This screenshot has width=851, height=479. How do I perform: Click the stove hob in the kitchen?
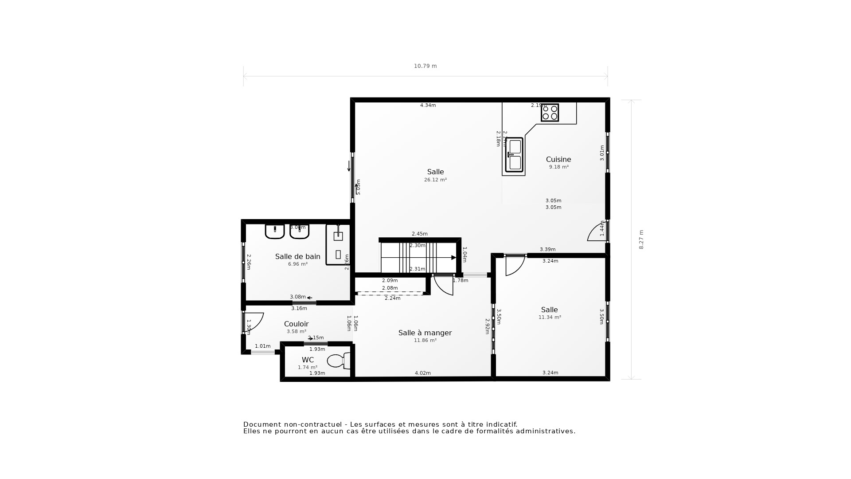click(x=550, y=113)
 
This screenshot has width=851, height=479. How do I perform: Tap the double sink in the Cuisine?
click(x=515, y=155)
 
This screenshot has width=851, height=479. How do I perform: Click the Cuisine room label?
click(x=558, y=159)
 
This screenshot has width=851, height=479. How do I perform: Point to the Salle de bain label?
click(x=297, y=256)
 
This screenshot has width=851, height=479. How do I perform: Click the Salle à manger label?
click(x=425, y=333)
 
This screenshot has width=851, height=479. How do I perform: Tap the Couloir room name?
click(x=296, y=324)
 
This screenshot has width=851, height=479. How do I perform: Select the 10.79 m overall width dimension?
click(x=425, y=66)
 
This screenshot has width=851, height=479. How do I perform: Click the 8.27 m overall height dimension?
click(x=641, y=239)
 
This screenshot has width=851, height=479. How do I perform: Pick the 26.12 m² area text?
click(x=435, y=180)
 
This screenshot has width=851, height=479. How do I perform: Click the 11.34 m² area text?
click(x=550, y=317)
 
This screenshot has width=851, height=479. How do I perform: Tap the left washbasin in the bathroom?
click(x=275, y=231)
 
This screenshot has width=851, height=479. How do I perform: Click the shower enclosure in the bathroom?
click(x=338, y=244)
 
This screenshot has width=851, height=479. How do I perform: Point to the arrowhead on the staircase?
click(x=453, y=257)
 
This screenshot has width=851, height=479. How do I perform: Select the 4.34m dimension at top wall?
click(x=428, y=105)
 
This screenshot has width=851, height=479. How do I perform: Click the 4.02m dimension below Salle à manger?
click(x=422, y=373)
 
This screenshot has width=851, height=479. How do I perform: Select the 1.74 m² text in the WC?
click(x=308, y=367)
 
